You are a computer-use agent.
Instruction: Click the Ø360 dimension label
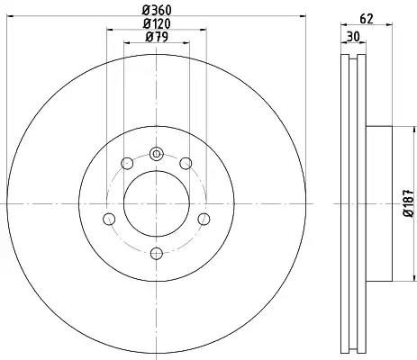[x=157, y=10]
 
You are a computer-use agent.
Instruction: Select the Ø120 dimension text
[x=157, y=23]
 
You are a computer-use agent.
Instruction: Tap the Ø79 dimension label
[x=157, y=37]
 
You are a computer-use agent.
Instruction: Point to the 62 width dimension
[x=367, y=19]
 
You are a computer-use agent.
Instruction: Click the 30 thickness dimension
[x=353, y=37]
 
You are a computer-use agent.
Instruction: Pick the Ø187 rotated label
[x=409, y=203]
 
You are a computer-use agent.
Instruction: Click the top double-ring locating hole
[x=156, y=154]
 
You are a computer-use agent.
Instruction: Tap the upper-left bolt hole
[x=127, y=163]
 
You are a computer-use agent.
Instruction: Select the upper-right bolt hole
[x=186, y=163]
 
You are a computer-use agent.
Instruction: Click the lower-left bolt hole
[x=109, y=219]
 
